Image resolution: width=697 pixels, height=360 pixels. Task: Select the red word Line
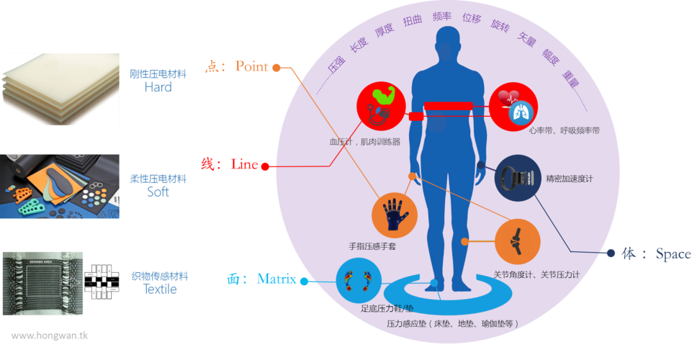click(x=244, y=164)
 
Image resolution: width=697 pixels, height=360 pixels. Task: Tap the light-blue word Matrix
click(x=276, y=279)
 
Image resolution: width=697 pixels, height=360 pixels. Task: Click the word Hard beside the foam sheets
click(x=158, y=87)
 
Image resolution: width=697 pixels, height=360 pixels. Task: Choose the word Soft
click(x=158, y=192)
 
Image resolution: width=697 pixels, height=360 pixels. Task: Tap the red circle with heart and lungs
click(x=513, y=106)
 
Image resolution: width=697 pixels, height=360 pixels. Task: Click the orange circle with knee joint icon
click(x=517, y=241)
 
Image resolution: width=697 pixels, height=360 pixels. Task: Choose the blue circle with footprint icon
click(x=359, y=281)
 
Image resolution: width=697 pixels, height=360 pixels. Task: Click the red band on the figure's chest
click(x=448, y=107)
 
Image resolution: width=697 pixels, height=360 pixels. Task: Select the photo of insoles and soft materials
click(x=60, y=186)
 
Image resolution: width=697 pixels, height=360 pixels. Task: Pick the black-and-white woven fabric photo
click(x=42, y=283)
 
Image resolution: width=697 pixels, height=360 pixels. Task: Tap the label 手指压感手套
click(x=372, y=247)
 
